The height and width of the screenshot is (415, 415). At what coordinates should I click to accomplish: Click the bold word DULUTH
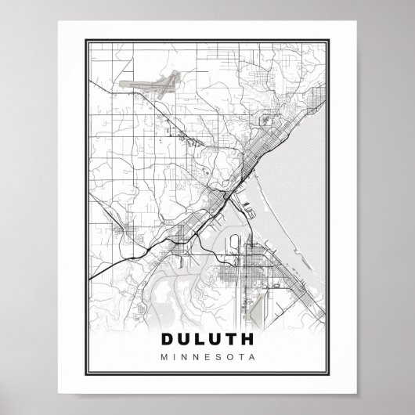coord(207,341)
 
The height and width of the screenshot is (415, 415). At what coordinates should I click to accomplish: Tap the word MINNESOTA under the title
coord(207,359)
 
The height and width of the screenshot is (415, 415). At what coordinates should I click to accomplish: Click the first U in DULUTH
coord(186,341)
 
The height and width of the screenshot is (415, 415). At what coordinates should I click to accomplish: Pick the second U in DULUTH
coord(216,341)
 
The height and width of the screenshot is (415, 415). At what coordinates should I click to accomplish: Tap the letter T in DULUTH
coord(230,341)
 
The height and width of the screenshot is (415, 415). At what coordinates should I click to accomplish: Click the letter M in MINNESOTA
coord(164,359)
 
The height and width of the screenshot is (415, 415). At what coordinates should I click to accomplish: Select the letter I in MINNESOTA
coord(173,359)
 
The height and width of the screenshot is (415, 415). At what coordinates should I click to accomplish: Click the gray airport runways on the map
coord(153,81)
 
